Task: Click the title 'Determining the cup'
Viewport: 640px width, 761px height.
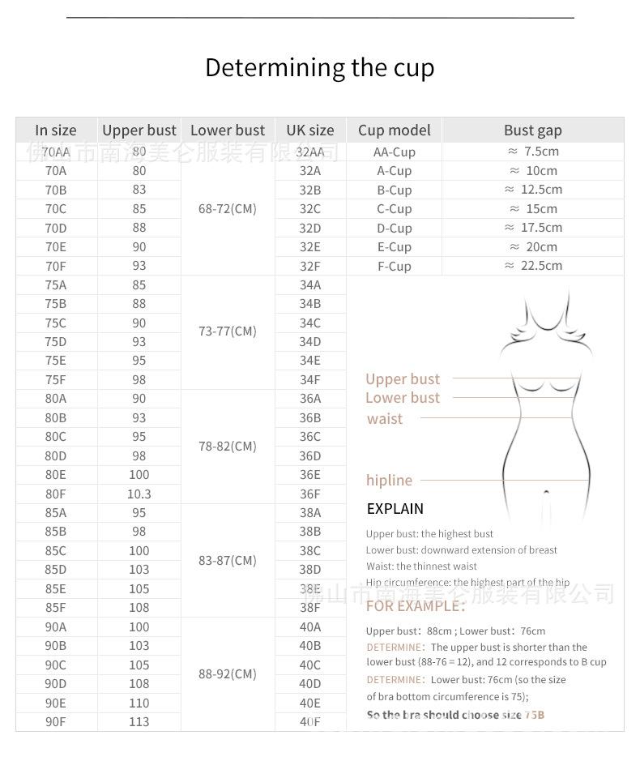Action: tap(319, 67)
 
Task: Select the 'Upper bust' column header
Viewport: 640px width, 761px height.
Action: tap(139, 130)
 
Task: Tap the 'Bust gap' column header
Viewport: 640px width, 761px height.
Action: tap(532, 130)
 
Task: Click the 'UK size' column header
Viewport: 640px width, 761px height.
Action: tap(309, 130)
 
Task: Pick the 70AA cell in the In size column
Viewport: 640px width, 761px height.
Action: tap(56, 152)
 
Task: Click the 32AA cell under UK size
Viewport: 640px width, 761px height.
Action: tap(309, 152)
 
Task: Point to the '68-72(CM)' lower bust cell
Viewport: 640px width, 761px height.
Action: tap(227, 208)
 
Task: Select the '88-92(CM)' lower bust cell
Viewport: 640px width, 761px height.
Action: tap(227, 673)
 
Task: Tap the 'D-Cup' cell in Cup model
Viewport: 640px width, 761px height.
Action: tap(394, 228)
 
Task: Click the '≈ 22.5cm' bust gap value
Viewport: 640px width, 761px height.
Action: tap(532, 266)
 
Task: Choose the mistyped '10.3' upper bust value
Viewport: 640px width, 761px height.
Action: tap(139, 494)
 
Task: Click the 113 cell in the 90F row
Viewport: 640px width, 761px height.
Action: tap(139, 721)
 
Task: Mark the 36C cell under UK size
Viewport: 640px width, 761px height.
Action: tap(309, 436)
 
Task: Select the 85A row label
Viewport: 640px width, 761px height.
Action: tap(56, 512)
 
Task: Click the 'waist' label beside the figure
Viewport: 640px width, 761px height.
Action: tap(384, 419)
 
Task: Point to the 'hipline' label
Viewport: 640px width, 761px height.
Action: tap(389, 481)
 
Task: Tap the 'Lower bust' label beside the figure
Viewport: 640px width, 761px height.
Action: tap(402, 398)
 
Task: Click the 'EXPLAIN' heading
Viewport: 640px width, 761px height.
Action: tap(395, 509)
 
